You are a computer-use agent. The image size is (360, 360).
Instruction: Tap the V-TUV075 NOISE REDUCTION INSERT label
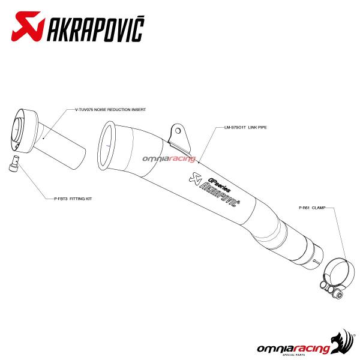click(x=110, y=110)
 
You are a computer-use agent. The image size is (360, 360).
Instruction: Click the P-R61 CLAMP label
click(x=311, y=208)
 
